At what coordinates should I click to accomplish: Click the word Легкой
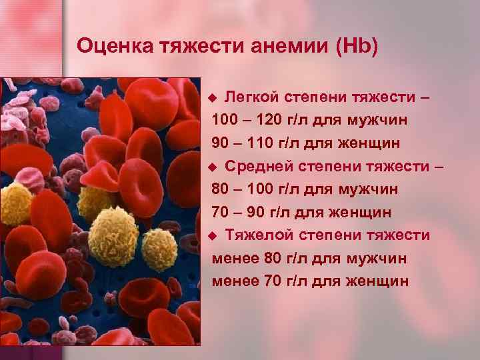tap(251, 98)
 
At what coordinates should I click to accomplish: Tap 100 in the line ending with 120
tap(225, 121)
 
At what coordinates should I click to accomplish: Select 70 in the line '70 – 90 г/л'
tap(220, 213)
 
